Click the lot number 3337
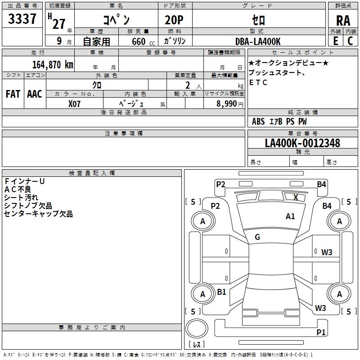[x=22, y=19]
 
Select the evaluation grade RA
[x=343, y=21]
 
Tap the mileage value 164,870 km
[x=53, y=64]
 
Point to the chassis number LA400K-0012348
[x=302, y=143]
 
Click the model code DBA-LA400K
[x=258, y=41]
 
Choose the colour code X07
[x=75, y=103]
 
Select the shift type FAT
[x=13, y=94]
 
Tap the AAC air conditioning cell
[x=35, y=94]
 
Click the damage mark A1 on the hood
[x=290, y=216]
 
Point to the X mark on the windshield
[x=296, y=197]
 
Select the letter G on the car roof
[x=257, y=237]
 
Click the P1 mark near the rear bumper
[x=321, y=332]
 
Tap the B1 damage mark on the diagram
[x=221, y=292]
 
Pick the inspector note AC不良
[x=18, y=189]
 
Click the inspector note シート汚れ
[x=21, y=198]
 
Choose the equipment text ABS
[x=258, y=121]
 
